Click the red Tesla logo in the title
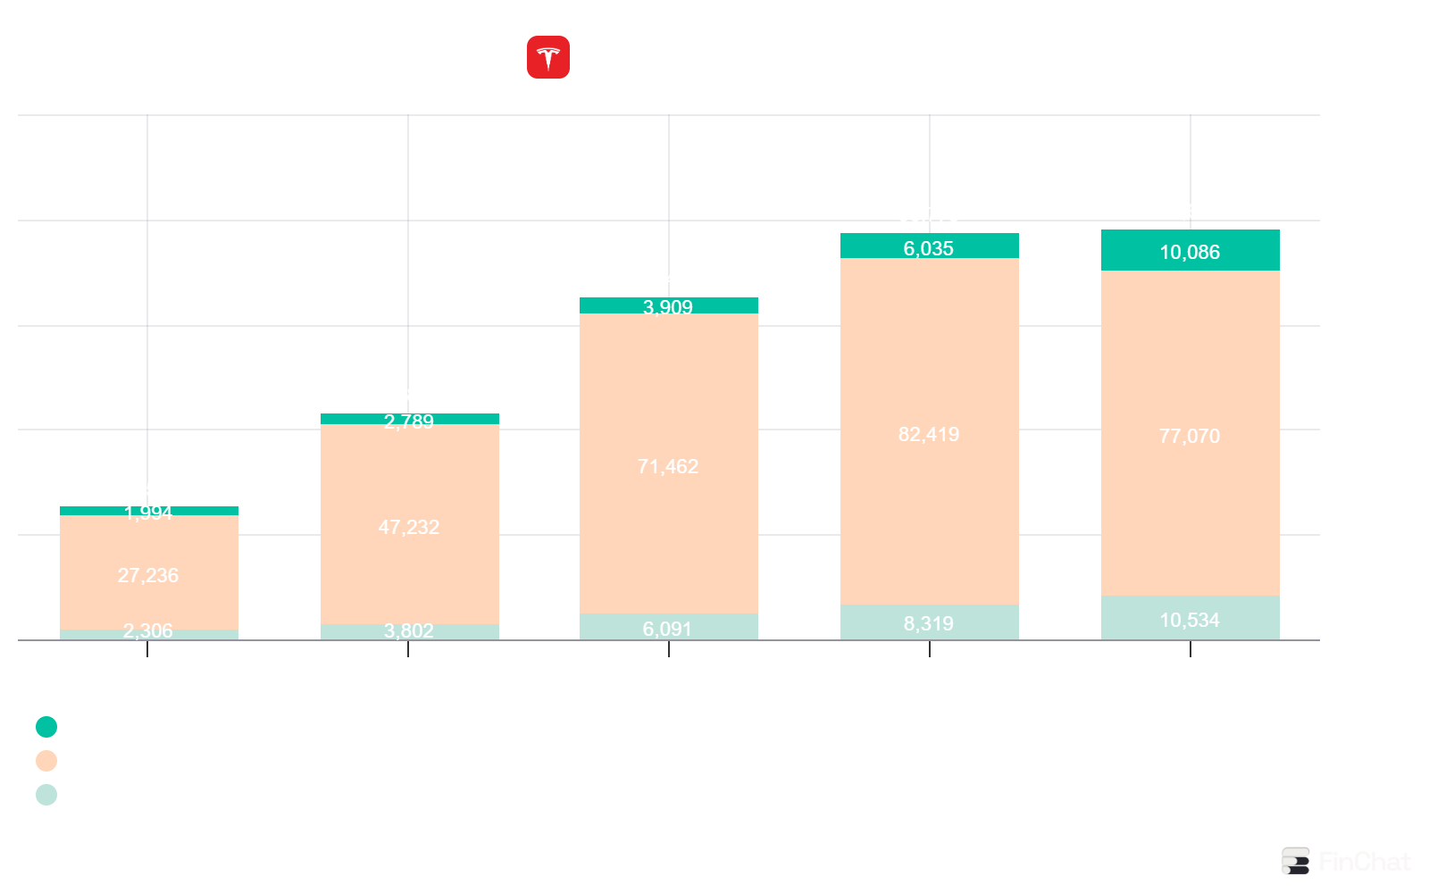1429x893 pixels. pyautogui.click(x=547, y=57)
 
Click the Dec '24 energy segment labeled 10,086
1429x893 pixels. pyautogui.click(x=1190, y=252)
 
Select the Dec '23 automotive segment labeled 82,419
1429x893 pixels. pyautogui.click(x=929, y=434)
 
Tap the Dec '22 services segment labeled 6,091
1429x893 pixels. pyautogui.click(x=668, y=628)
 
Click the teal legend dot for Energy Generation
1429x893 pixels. pyautogui.click(x=46, y=727)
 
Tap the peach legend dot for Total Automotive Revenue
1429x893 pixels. pyautogui.click(x=46, y=761)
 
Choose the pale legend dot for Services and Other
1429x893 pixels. pyautogui.click(x=46, y=795)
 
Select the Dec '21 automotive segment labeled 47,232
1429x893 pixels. pyautogui.click(x=409, y=527)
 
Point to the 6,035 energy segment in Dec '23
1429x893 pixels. pyautogui.click(x=929, y=248)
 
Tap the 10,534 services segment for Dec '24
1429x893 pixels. pyautogui.click(x=1190, y=620)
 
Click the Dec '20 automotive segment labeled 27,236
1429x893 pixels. pyautogui.click(x=148, y=575)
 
